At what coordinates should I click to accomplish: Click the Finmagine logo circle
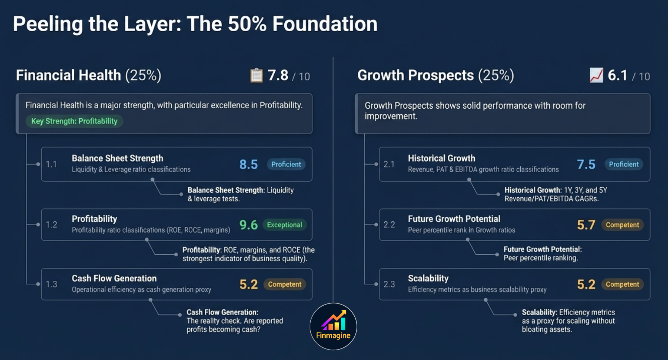point(333,326)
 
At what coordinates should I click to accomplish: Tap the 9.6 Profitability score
point(248,225)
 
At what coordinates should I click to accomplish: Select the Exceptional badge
point(284,225)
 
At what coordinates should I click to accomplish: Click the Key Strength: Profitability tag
point(74,121)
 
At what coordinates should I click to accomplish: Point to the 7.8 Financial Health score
point(278,76)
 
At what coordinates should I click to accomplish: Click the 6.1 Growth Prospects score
point(617,76)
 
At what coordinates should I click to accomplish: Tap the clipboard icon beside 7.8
point(256,76)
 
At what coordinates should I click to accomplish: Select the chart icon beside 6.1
point(596,76)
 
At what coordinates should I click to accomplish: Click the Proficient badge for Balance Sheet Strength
point(286,164)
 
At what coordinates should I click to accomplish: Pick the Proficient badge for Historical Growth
point(623,164)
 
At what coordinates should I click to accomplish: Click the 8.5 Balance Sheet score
point(248,164)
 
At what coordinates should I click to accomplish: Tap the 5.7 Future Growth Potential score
point(586,225)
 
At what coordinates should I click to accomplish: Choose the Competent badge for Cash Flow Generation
point(284,284)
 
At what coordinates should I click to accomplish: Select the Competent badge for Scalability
point(622,284)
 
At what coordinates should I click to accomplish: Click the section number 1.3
point(51,284)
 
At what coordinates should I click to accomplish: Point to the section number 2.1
point(389,164)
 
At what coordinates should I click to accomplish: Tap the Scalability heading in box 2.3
point(428,278)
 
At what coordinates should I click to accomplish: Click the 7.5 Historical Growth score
point(586,164)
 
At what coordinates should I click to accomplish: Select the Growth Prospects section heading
point(435,75)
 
